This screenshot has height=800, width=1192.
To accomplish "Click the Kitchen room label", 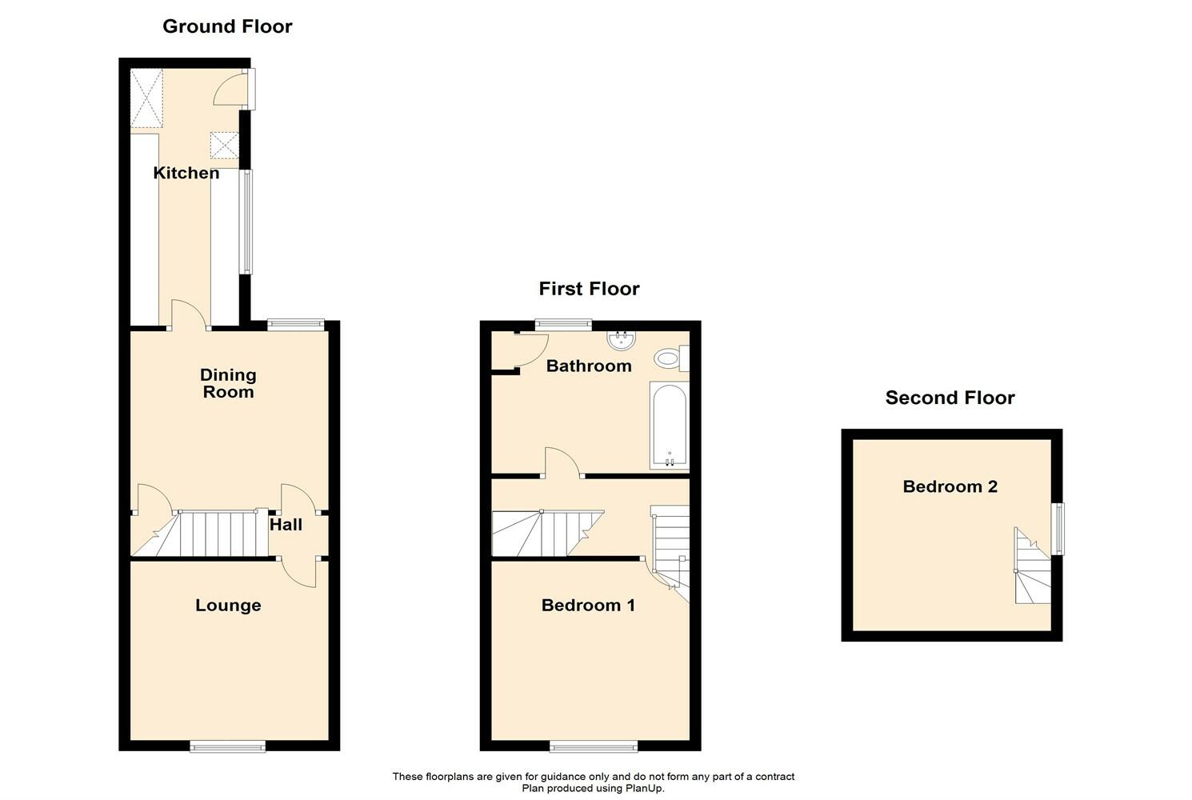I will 186,173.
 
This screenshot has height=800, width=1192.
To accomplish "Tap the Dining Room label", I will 228,383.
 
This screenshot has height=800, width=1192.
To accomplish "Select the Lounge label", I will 228,606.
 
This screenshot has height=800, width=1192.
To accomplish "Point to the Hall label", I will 286,525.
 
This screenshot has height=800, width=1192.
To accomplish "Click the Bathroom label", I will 589,366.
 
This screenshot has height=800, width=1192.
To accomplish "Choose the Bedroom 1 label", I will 588,606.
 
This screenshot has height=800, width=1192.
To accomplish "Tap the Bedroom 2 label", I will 950,486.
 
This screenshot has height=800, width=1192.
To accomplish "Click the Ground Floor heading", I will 227,26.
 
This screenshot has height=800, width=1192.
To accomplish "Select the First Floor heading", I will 589,289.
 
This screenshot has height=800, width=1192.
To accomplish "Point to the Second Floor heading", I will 950,398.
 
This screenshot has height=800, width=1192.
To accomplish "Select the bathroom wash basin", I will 621,342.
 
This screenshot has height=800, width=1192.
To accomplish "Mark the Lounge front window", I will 227,746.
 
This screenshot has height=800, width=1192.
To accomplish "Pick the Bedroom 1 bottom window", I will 594,746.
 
